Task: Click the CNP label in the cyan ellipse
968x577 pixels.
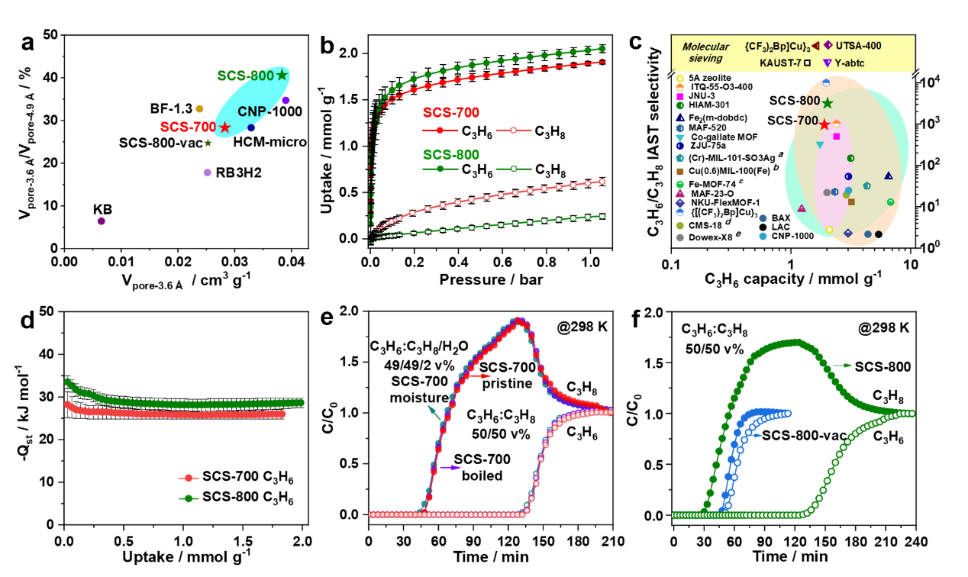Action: [x=252, y=111]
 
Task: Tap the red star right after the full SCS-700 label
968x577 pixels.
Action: [x=225, y=127]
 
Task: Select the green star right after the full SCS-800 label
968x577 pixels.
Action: [x=282, y=75]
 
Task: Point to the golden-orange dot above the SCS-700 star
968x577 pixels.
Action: [x=200, y=108]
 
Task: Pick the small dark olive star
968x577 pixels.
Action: [x=208, y=143]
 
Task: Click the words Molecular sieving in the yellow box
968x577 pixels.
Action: [x=705, y=53]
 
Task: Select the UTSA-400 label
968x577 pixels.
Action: [x=858, y=46]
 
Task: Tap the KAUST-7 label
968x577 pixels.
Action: [x=780, y=63]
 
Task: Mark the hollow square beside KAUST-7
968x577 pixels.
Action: [x=807, y=63]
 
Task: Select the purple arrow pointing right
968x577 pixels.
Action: [x=451, y=467]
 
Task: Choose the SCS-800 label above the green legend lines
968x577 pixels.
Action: [x=451, y=155]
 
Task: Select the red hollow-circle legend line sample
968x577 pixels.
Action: [x=514, y=131]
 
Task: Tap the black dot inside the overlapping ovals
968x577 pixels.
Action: [x=879, y=234]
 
